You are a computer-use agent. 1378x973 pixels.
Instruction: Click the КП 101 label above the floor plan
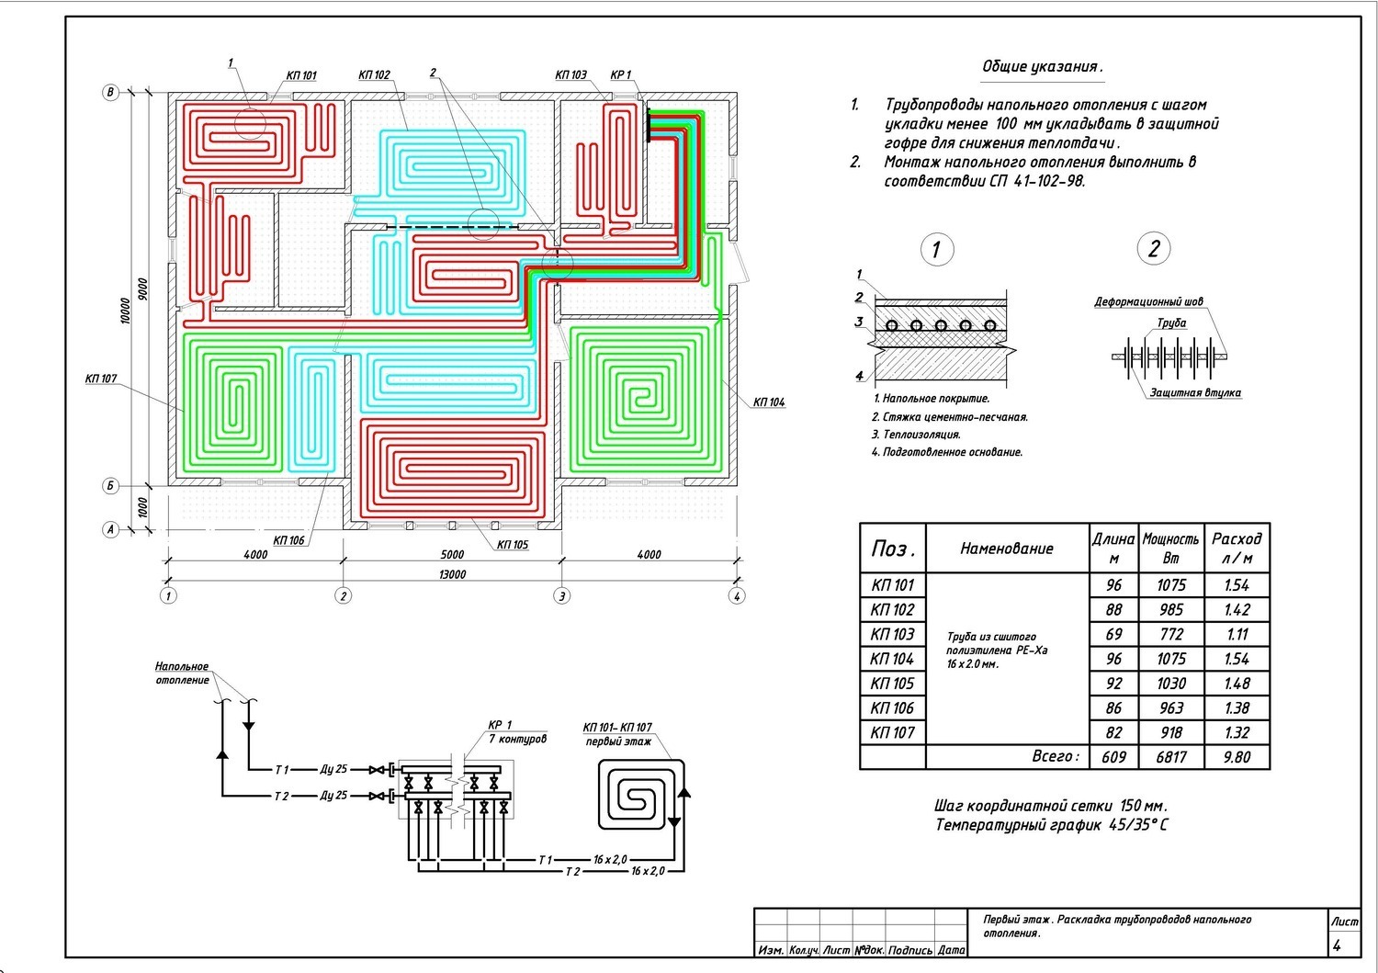(x=301, y=75)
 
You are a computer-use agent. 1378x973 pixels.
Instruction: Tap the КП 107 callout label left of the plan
(x=100, y=379)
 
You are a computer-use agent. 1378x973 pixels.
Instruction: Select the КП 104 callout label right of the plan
(x=769, y=402)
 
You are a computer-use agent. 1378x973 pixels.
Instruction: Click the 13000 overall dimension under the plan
(x=452, y=574)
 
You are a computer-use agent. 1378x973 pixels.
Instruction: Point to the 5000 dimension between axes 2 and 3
(x=452, y=555)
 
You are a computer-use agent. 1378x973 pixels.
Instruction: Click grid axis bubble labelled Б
(x=110, y=486)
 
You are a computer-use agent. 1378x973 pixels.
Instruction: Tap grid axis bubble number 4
(x=737, y=595)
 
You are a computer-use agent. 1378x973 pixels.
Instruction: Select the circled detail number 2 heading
(x=1154, y=249)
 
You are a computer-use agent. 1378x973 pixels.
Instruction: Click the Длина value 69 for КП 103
(x=1113, y=635)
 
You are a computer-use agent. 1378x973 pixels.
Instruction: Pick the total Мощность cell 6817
(x=1170, y=757)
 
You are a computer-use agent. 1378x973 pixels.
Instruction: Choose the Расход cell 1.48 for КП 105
(x=1237, y=684)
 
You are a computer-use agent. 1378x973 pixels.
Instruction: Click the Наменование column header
(x=1007, y=549)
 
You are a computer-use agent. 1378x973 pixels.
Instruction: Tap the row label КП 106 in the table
(x=892, y=708)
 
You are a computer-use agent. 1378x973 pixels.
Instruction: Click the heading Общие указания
(x=1042, y=66)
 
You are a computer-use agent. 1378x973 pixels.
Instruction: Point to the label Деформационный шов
(x=1148, y=301)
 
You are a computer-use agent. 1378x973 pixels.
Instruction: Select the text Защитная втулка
(x=1195, y=392)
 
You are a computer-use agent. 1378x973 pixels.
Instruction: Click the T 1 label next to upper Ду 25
(x=282, y=770)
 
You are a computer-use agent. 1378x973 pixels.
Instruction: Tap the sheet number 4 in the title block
(x=1337, y=945)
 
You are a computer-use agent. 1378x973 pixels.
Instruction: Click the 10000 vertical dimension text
(x=126, y=311)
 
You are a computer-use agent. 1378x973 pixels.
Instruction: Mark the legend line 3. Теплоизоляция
(x=916, y=435)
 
